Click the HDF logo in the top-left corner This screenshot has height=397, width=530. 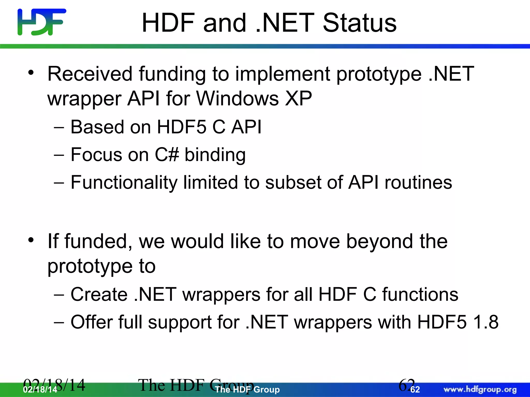tap(41, 22)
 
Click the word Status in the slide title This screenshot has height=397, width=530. tap(360, 23)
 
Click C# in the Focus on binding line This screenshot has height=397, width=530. tap(167, 155)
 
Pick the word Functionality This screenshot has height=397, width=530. tap(124, 183)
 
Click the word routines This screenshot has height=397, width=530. tap(418, 182)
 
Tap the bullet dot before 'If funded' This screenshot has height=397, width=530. tap(31, 240)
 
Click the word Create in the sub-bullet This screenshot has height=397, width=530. tap(99, 294)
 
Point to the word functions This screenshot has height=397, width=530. tap(420, 294)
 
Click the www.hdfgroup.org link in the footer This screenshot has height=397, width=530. tap(480, 389)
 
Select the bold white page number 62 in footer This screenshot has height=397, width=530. tap(415, 390)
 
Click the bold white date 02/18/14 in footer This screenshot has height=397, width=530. tap(40, 390)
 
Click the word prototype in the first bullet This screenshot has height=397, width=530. tap(379, 74)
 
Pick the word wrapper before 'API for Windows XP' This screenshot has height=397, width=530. tap(84, 99)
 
